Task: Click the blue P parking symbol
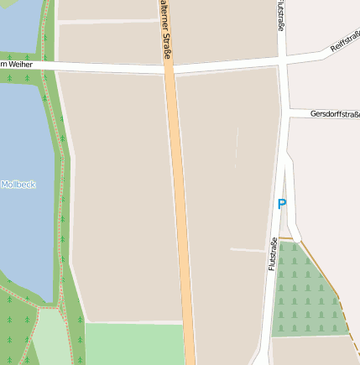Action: click(x=282, y=204)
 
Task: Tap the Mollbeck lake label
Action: click(x=18, y=185)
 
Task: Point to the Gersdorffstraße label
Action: click(x=334, y=113)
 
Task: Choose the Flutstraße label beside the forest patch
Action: click(x=274, y=254)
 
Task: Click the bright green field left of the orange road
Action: click(x=134, y=344)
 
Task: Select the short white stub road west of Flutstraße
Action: click(x=247, y=250)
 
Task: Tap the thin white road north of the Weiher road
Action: click(x=109, y=20)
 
